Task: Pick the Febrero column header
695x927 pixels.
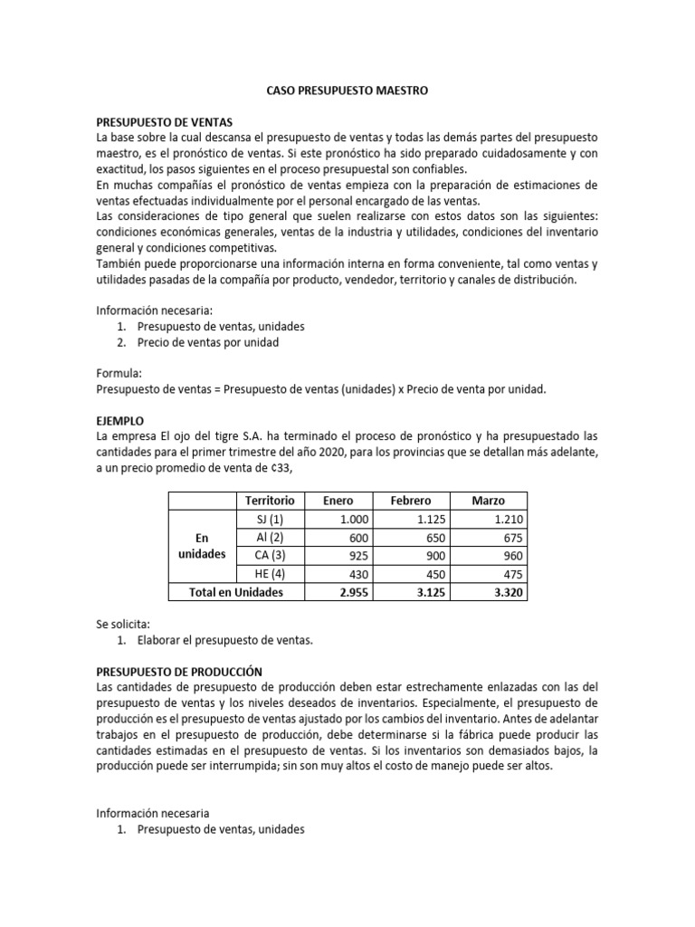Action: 410,501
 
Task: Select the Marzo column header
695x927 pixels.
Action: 489,501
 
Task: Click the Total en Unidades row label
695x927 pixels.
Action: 235,592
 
